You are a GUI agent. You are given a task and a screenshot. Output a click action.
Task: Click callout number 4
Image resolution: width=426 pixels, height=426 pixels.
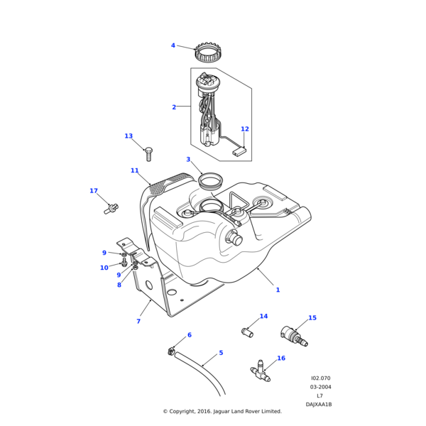click(x=173, y=45)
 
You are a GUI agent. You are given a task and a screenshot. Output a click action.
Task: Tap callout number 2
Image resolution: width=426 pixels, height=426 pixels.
click(x=174, y=107)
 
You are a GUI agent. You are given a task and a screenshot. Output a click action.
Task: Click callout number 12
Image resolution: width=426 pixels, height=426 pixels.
click(x=245, y=129)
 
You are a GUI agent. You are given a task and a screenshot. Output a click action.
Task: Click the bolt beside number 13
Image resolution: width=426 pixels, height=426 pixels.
click(x=148, y=152)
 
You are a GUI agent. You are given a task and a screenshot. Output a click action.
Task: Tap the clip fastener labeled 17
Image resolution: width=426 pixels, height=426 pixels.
click(x=111, y=208)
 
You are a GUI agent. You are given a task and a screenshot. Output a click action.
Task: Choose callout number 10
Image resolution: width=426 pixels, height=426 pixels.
click(x=104, y=268)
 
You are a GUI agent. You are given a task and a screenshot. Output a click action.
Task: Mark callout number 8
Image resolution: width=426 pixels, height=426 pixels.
click(x=119, y=285)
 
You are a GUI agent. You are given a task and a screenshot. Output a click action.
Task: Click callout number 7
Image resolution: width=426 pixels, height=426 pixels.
click(x=138, y=322)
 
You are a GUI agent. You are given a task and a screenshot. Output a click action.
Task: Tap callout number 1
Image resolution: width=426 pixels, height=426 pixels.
click(x=278, y=290)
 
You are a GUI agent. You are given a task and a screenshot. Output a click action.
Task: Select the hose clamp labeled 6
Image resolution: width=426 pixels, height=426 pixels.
click(x=171, y=350)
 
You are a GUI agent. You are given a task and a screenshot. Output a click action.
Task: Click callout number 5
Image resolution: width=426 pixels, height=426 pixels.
click(x=221, y=353)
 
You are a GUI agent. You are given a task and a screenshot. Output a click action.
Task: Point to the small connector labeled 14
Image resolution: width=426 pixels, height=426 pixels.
click(x=248, y=330)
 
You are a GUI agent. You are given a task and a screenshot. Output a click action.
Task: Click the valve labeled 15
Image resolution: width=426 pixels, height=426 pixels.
click(x=293, y=335)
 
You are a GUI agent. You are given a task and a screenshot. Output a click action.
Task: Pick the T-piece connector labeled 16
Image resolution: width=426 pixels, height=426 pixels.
click(x=260, y=369)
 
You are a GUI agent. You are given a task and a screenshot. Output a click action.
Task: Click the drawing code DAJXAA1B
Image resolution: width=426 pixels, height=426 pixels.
click(x=319, y=404)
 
